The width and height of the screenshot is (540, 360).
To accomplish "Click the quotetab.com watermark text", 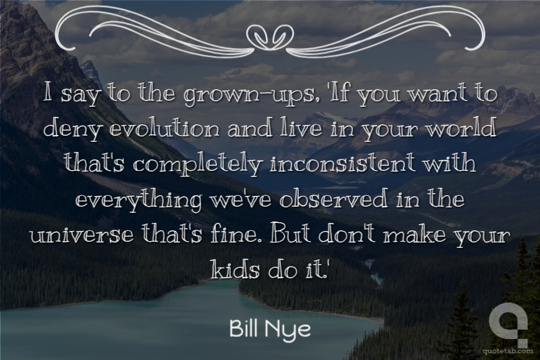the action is coord(508,352).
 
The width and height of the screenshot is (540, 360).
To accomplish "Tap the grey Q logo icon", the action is coord(510,324).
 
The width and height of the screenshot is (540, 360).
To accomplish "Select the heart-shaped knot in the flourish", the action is coord(271,36).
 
